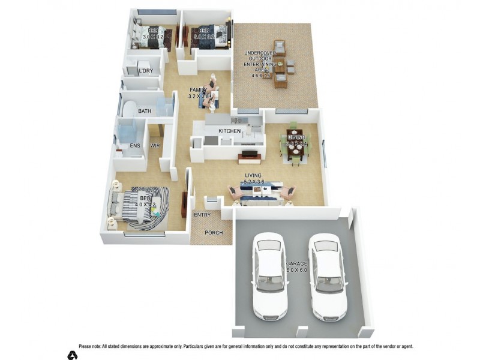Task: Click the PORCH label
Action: (214, 233)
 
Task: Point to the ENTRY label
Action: (202, 214)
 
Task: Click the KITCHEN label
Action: (229, 131)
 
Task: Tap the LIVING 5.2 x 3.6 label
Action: (254, 178)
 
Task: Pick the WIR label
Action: (155, 146)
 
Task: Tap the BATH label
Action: (145, 112)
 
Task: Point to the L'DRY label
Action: (146, 71)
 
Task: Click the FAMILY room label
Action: (198, 93)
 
